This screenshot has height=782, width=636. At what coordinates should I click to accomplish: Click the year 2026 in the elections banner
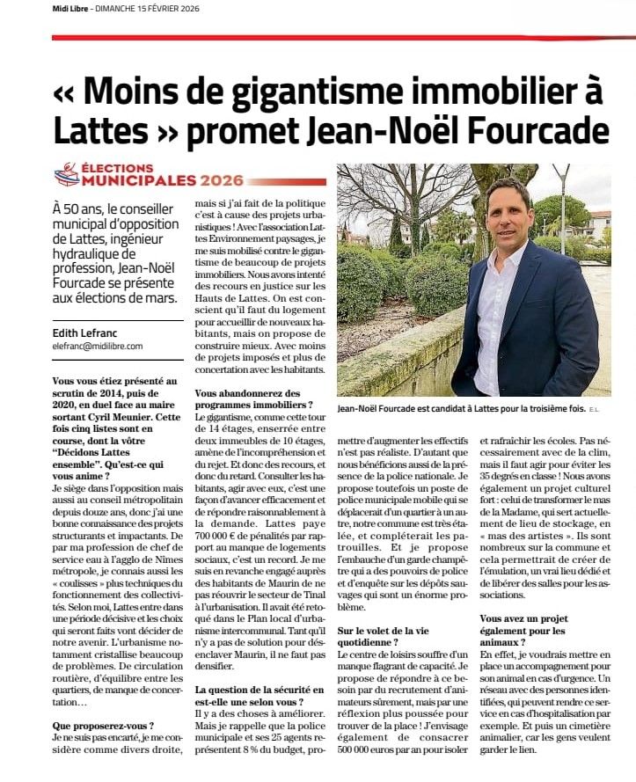[222, 180]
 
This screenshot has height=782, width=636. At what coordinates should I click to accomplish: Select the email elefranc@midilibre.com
[98, 346]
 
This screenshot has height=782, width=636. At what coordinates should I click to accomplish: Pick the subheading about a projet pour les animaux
[531, 625]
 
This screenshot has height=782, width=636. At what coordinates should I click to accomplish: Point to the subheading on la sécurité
[250, 695]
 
